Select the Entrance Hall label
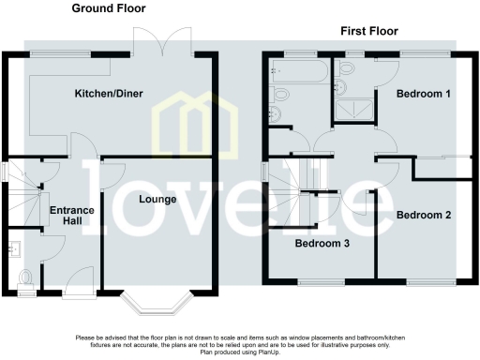pos(71,217)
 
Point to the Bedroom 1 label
pos(423,94)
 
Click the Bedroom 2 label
pos(424,216)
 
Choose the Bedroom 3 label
pos(322,244)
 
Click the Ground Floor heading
pos(112,8)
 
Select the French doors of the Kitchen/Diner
pos(155,41)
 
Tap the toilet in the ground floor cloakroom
pos(25,277)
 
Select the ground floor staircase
pos(23,192)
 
